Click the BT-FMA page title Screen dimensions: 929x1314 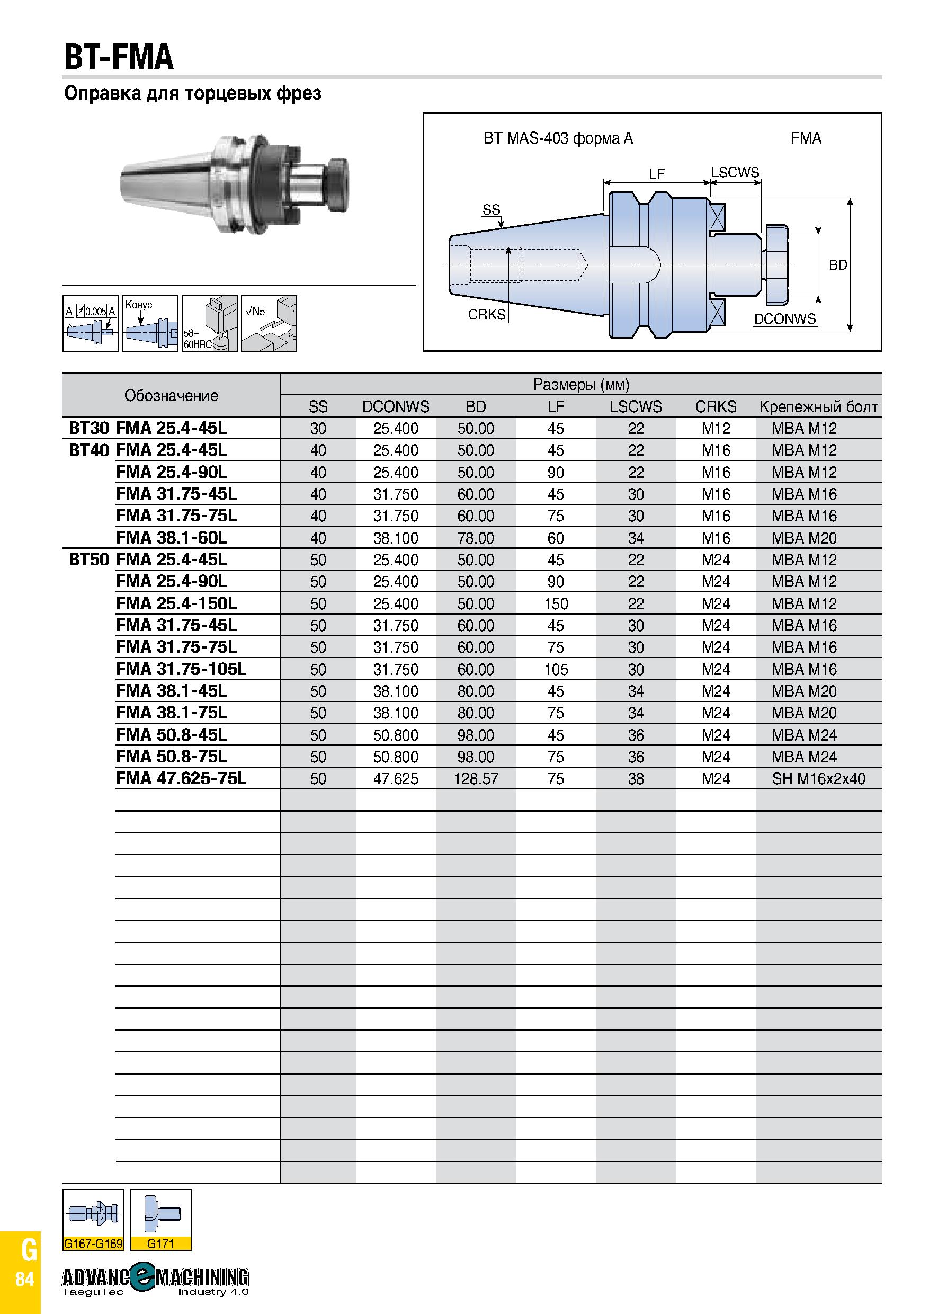coord(119,57)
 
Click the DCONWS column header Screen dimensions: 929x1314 coord(395,406)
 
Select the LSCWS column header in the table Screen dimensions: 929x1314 coord(636,406)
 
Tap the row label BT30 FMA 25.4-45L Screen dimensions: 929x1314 coord(148,428)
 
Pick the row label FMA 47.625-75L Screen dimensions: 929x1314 coord(181,778)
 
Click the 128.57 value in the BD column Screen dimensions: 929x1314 coord(476,779)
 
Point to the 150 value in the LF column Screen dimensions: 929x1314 coord(556,604)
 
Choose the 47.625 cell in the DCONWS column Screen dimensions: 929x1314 coord(395,779)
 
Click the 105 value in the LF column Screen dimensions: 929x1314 coord(556,670)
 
